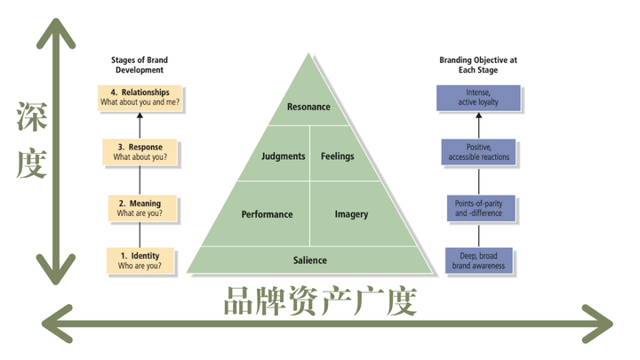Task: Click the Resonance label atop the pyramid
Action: [x=309, y=108]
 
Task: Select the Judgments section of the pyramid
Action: [x=284, y=156]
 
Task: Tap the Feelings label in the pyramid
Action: [x=337, y=156]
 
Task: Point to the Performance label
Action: [x=267, y=214]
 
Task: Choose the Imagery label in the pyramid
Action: [x=351, y=214]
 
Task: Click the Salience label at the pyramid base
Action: [x=310, y=260]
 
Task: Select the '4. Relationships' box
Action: [x=140, y=98]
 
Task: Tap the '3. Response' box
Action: [x=140, y=152]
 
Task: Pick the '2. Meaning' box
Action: [x=140, y=209]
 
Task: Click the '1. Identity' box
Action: [x=140, y=260]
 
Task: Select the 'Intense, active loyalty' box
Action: [x=478, y=98]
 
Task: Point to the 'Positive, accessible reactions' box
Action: [x=478, y=152]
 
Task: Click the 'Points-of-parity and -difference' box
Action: [x=478, y=209]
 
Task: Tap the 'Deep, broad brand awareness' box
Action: [x=478, y=260]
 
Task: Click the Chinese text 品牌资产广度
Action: [x=319, y=303]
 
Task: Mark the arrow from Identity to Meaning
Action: [x=140, y=236]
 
